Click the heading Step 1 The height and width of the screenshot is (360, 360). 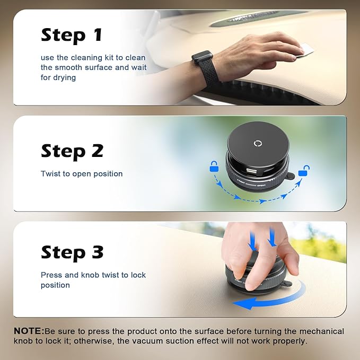[71, 36]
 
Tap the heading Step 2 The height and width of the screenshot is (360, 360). [72, 151]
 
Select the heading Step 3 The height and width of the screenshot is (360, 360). [72, 252]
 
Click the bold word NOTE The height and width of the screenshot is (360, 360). [29, 331]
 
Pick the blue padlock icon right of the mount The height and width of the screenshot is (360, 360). [304, 171]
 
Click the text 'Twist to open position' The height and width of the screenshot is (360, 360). [82, 174]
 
